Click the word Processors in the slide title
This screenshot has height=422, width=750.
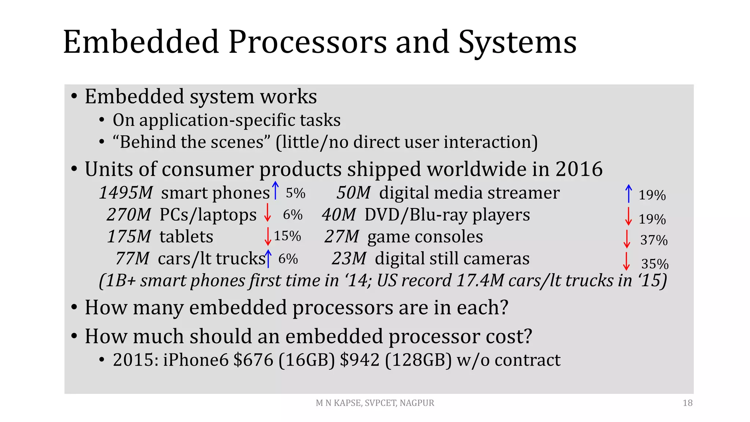308,42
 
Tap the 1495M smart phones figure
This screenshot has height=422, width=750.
126,193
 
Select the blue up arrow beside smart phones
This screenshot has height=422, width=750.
275,190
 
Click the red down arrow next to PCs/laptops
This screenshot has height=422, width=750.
268,213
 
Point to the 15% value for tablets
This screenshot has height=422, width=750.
287,236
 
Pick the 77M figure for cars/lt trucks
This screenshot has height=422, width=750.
132,259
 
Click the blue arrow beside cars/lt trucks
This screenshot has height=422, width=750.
268,259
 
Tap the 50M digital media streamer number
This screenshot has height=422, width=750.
353,193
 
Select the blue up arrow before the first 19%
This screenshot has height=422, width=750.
628,193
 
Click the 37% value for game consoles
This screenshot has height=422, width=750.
654,240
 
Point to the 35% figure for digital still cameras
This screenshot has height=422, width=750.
655,264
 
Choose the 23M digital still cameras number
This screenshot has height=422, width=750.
349,259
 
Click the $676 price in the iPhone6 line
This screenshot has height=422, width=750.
253,360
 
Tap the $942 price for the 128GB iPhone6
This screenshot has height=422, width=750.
360,360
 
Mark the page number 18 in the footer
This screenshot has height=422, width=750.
687,403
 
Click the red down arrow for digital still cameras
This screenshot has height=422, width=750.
627,261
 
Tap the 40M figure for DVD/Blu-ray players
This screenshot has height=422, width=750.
339,215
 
